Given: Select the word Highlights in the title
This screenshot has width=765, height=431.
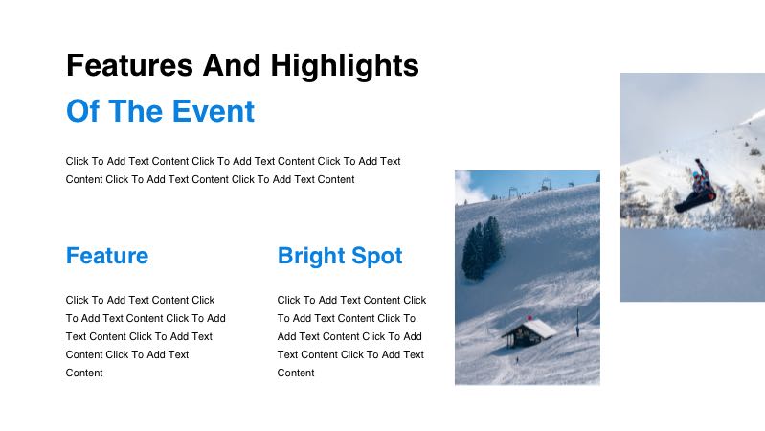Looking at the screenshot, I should point(345,66).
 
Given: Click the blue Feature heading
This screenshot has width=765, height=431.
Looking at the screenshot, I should point(107,256).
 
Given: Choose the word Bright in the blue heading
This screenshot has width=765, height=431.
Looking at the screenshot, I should point(309,256).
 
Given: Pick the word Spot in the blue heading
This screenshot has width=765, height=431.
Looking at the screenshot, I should point(374,256).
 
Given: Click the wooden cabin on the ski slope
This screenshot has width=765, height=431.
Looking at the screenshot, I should point(529,333).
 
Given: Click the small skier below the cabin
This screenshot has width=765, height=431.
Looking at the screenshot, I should point(518,360).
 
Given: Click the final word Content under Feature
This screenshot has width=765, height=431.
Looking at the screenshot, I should point(84,373).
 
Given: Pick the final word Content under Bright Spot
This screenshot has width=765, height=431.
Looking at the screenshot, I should point(296,373).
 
